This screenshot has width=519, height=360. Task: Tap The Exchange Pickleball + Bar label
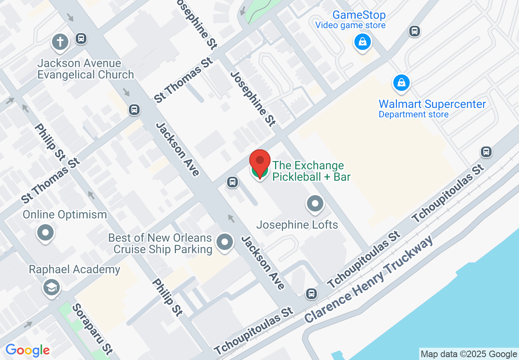click(x=311, y=171)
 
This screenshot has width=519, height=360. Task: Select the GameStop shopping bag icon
click(x=362, y=42)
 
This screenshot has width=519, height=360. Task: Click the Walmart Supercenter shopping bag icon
click(x=402, y=83)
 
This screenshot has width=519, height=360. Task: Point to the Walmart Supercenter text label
click(x=432, y=104)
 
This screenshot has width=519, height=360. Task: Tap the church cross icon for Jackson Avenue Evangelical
click(x=60, y=42)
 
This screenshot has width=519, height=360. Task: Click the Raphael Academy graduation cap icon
click(x=52, y=288)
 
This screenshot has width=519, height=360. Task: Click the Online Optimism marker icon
click(x=45, y=233)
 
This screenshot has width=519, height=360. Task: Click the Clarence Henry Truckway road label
click(x=368, y=280)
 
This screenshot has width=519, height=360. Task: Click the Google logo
click(x=27, y=351)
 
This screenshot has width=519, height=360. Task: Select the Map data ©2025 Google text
click(x=469, y=354)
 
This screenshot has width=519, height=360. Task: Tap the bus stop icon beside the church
click(x=81, y=39)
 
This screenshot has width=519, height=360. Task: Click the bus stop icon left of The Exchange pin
click(x=232, y=182)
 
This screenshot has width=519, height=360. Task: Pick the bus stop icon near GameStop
click(x=414, y=31)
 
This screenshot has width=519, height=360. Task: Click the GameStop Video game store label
click(x=350, y=20)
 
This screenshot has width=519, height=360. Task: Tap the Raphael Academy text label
click(x=74, y=270)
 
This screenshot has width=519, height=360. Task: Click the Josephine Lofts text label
click(x=297, y=225)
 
